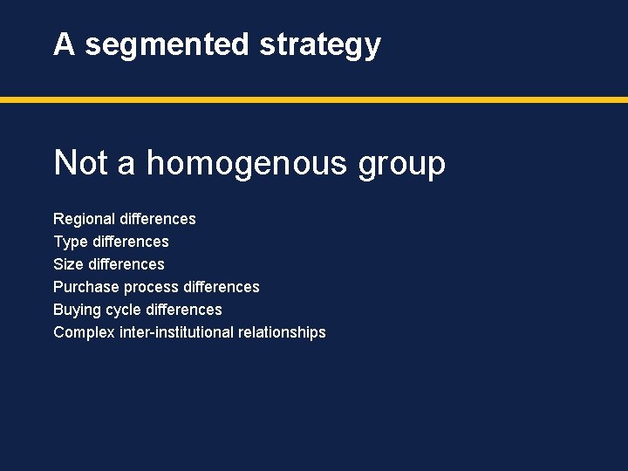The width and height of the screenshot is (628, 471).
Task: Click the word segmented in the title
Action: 167,44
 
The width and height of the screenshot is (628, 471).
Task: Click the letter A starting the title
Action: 64,44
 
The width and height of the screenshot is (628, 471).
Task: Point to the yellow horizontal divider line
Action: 314,100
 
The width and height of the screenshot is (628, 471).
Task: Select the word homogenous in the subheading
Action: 252,163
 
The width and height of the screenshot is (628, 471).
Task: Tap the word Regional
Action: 84,219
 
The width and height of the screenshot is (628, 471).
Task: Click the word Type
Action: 71,242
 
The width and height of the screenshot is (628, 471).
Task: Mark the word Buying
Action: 77,310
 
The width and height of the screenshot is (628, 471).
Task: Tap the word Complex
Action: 84,332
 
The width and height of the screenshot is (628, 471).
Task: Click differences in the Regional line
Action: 158,219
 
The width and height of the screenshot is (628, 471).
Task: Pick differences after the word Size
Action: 126,264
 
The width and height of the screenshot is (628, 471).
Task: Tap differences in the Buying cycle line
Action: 184,310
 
